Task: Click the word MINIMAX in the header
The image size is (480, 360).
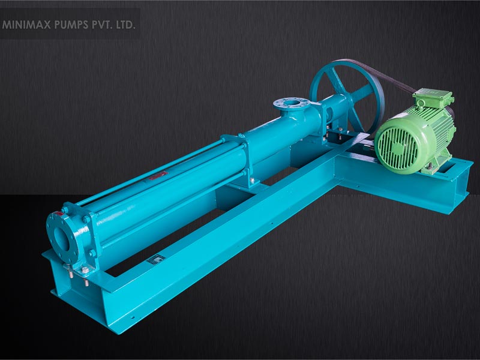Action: [26, 25]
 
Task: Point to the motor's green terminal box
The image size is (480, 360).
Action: [433, 98]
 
